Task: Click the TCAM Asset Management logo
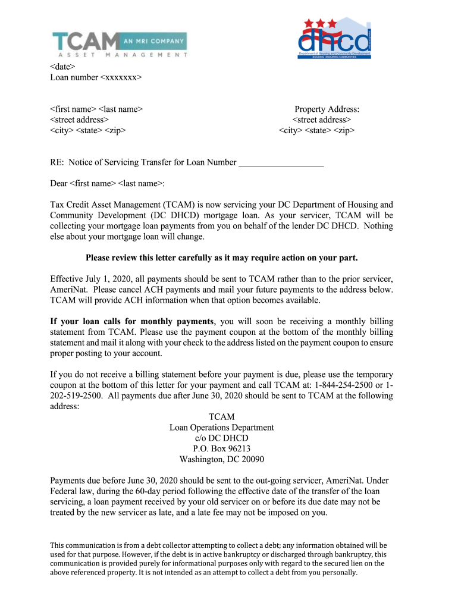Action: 119,43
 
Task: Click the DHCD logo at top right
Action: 334,39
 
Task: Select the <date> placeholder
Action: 62,66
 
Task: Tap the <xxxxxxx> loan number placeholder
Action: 121,77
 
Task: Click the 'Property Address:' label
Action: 327,109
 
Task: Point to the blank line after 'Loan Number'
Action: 281,162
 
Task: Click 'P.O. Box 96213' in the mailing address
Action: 222,448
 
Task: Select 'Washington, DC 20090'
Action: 222,459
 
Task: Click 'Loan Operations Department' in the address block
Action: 222,427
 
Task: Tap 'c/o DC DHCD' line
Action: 222,438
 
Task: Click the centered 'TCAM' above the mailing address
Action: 222,416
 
